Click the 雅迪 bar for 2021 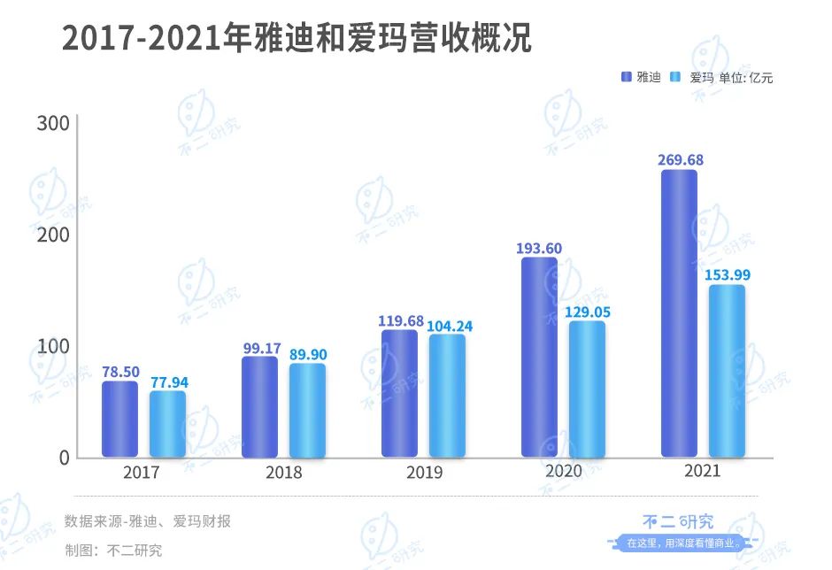tap(679, 313)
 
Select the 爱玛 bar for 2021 tap(727, 371)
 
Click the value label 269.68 tap(680, 159)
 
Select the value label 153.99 tap(727, 274)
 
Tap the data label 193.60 tap(539, 248)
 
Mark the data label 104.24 tap(449, 326)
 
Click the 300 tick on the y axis tap(52, 123)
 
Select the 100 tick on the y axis tap(52, 346)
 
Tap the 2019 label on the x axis tap(424, 473)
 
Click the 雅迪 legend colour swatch tap(628, 77)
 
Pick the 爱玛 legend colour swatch tap(677, 77)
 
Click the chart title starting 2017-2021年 tap(297, 40)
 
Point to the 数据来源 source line tap(148, 521)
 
